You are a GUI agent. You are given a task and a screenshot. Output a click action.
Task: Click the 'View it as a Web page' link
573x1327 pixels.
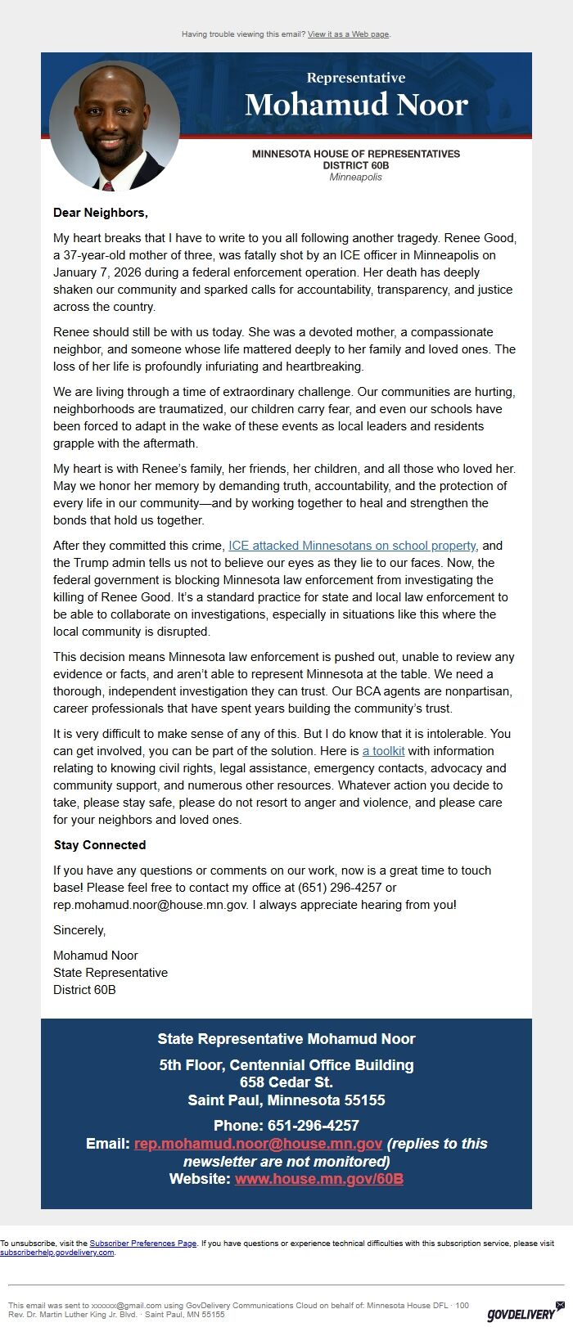(x=349, y=34)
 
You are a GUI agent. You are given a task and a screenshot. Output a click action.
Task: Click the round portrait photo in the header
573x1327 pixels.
(x=115, y=124)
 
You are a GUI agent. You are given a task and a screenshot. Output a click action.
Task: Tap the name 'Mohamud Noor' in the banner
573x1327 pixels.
(x=356, y=105)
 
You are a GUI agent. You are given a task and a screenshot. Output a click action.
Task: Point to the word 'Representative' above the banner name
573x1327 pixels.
(x=356, y=78)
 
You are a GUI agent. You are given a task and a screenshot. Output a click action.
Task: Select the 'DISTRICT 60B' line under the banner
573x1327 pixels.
(x=355, y=165)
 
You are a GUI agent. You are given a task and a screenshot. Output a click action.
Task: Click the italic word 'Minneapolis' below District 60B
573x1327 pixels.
(x=355, y=177)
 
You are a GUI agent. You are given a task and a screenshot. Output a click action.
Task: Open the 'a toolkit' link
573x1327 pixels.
(x=383, y=751)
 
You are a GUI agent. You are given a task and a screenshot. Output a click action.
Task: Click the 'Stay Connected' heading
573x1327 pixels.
(x=100, y=845)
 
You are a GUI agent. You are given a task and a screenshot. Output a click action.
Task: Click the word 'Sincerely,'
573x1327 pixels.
(x=79, y=930)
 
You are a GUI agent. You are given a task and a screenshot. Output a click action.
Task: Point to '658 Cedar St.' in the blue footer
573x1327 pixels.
(x=286, y=1082)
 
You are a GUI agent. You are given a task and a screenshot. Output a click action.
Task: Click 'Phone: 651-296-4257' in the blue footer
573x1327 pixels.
(x=286, y=1126)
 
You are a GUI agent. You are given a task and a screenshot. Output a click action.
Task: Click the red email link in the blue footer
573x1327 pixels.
(x=258, y=1144)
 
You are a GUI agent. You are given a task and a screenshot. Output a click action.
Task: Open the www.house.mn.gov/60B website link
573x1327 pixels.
(x=318, y=1179)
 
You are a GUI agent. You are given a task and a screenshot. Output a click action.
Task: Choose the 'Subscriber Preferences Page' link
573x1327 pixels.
(x=142, y=1244)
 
